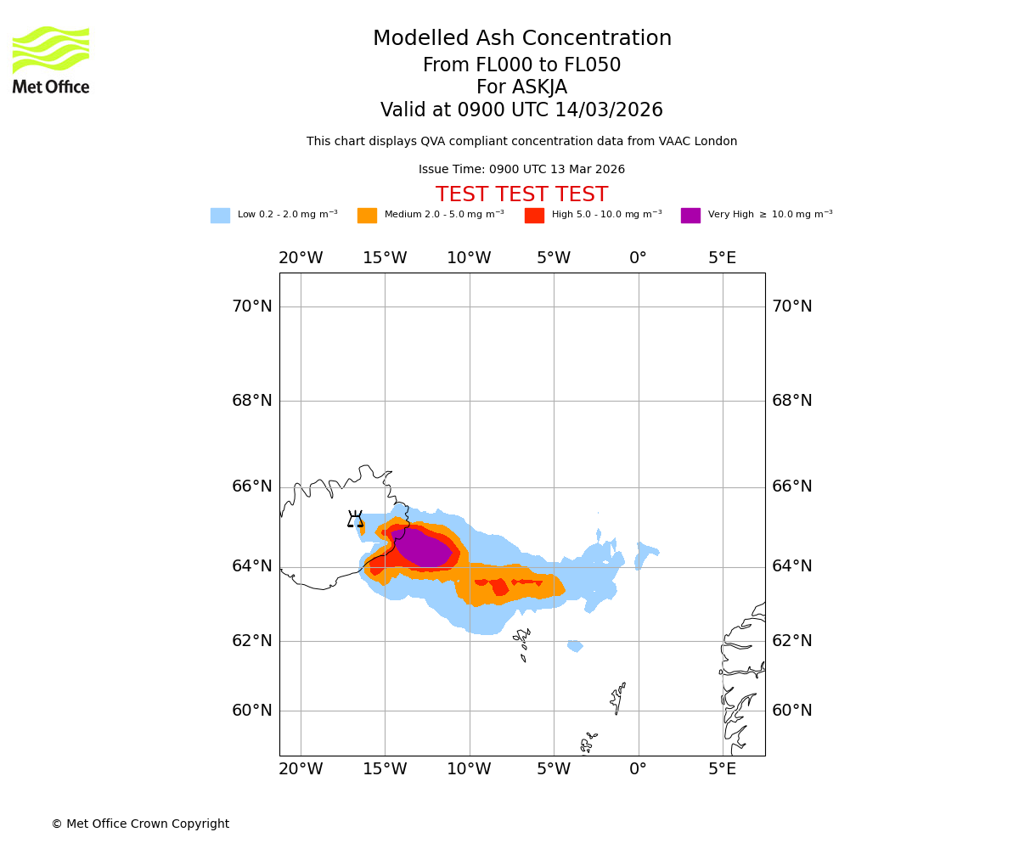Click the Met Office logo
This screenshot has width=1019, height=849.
click(51, 59)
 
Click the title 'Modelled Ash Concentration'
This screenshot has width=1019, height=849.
click(521, 39)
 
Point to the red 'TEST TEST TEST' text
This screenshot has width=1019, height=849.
click(521, 195)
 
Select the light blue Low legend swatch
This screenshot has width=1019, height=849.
click(220, 216)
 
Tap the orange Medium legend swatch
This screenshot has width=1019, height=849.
click(367, 216)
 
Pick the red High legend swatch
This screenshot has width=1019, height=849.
click(534, 216)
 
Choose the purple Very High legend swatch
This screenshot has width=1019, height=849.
click(690, 216)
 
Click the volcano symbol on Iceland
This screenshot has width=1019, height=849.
click(355, 519)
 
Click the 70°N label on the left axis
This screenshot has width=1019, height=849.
click(252, 306)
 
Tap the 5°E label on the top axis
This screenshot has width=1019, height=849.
click(723, 258)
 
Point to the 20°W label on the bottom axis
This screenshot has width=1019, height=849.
click(301, 769)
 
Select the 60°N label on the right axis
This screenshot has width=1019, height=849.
click(791, 711)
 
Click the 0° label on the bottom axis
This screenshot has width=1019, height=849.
click(638, 769)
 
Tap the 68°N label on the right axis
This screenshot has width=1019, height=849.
click(791, 401)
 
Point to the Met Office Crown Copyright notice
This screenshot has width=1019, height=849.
click(140, 824)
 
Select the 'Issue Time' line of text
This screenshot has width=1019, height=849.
click(521, 170)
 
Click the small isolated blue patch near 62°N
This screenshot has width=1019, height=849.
click(575, 646)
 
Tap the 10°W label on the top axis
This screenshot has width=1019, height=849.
click(469, 258)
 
